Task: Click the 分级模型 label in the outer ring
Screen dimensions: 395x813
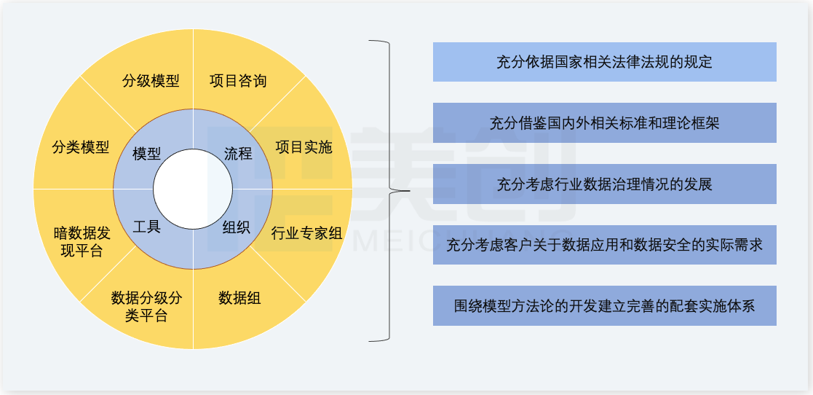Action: coord(151,80)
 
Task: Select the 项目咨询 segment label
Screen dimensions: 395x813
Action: coord(238,80)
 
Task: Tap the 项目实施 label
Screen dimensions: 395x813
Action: coord(304,147)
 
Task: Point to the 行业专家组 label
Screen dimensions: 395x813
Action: coord(306,233)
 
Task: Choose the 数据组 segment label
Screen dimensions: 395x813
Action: coord(239,297)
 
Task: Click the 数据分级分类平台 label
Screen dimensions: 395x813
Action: coord(146,306)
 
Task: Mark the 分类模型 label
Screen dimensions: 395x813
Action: coord(81,147)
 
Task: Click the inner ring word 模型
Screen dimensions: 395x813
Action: coord(147,154)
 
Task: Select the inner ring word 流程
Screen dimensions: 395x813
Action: coord(238,154)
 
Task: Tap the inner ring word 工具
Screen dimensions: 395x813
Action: coord(147,226)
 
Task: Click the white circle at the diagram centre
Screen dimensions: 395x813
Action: coord(193,189)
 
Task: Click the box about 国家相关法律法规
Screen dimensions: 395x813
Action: coord(604,62)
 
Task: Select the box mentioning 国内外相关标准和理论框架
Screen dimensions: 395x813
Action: coord(604,122)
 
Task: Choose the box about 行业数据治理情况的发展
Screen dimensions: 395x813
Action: coord(604,184)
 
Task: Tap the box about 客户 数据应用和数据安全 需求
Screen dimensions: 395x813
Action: coord(604,245)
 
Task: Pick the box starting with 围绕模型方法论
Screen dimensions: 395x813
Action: coord(604,306)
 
